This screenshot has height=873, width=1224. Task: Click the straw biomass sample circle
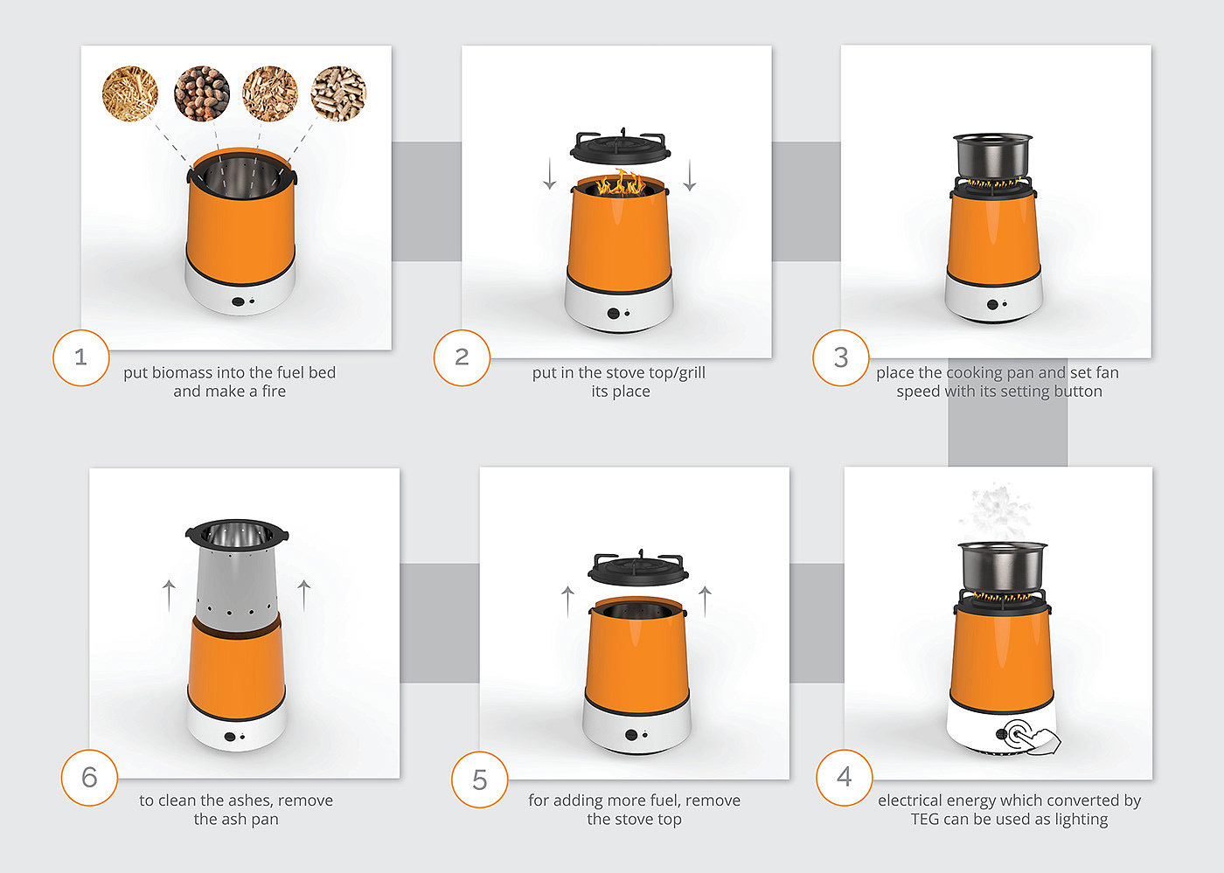click(x=130, y=94)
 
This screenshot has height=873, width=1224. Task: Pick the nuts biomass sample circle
click(x=202, y=94)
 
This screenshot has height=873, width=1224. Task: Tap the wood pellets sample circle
click(x=338, y=94)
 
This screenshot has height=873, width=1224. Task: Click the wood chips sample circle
click(x=270, y=94)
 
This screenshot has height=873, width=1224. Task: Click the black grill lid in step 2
click(x=620, y=148)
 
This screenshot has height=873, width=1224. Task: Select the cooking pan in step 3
click(x=993, y=156)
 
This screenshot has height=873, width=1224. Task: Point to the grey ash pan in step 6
click(x=237, y=579)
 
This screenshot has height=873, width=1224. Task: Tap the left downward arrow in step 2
click(x=550, y=175)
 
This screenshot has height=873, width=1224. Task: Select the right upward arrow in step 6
click(x=304, y=595)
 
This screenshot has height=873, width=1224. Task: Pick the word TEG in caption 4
click(x=925, y=820)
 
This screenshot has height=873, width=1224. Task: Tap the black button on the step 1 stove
click(x=238, y=301)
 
